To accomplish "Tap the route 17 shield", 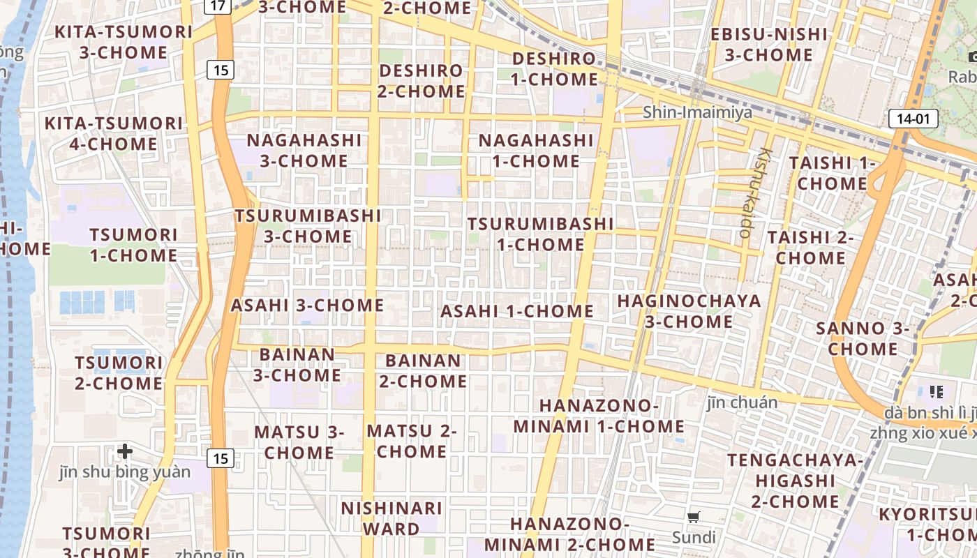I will pyautogui.click(x=218, y=6).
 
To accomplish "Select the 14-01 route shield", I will pyautogui.click(x=913, y=119).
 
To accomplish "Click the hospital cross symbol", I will pyautogui.click(x=125, y=452).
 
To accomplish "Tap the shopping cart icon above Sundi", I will pyautogui.click(x=693, y=517).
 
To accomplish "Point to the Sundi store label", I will pyautogui.click(x=694, y=537).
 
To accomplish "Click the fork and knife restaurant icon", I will pyautogui.click(x=936, y=392).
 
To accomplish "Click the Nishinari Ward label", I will pyautogui.click(x=391, y=518).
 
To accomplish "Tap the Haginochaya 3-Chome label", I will pyautogui.click(x=689, y=311).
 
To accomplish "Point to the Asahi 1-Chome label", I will pyautogui.click(x=516, y=311).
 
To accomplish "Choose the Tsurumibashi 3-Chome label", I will pyautogui.click(x=308, y=226).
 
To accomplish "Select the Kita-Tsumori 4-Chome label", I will pyautogui.click(x=113, y=134).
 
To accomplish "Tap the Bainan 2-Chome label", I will pyautogui.click(x=423, y=371).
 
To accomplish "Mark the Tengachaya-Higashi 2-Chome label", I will pyautogui.click(x=795, y=481).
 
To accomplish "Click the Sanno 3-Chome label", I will pyautogui.click(x=863, y=338).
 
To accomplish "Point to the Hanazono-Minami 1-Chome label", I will pyautogui.click(x=599, y=416).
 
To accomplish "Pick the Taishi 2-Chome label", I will pyautogui.click(x=811, y=248).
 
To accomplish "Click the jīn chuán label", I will pyautogui.click(x=742, y=402).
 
